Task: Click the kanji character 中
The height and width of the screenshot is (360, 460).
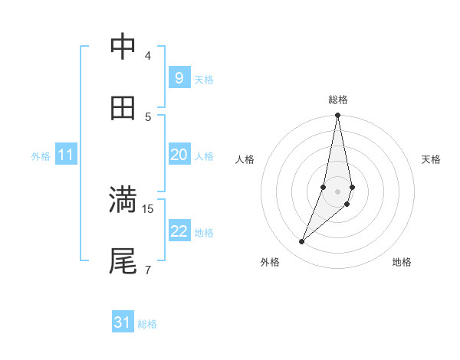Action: [x=123, y=47]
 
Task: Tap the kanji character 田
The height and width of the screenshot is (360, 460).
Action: [x=123, y=108]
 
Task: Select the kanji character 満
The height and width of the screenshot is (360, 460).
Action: [x=123, y=200]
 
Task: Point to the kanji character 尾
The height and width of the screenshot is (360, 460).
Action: [x=123, y=261]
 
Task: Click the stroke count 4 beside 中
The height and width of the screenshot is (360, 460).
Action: [x=148, y=56]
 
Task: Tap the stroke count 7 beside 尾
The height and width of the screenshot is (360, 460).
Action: [x=148, y=270]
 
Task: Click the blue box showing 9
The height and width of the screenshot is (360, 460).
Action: [x=179, y=78]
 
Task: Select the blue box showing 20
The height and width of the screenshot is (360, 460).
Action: [x=179, y=155]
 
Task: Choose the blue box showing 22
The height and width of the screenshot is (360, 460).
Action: [x=179, y=231]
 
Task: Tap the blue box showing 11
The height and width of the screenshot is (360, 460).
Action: [x=66, y=155]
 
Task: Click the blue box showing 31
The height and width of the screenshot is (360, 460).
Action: [x=123, y=322]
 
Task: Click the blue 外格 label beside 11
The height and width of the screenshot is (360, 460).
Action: [x=41, y=156]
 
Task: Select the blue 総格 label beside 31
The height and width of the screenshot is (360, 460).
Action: [x=147, y=324]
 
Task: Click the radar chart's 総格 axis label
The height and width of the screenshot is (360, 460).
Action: [x=338, y=100]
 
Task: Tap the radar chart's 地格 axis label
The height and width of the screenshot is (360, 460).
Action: [x=402, y=263]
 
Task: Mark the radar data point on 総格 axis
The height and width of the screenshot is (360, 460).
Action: [x=338, y=116]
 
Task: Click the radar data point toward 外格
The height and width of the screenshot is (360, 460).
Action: [x=302, y=242]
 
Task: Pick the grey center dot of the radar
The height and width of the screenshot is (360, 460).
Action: [x=338, y=191]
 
